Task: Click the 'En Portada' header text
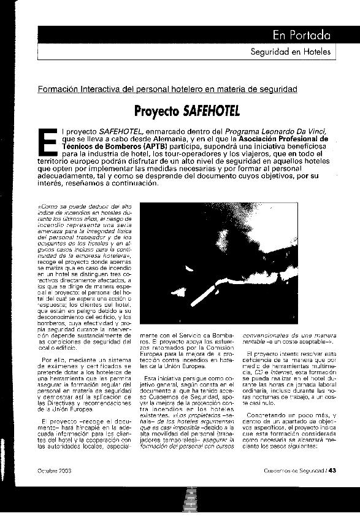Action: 302,34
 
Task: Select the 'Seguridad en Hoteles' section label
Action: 291,52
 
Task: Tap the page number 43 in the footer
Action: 332,471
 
